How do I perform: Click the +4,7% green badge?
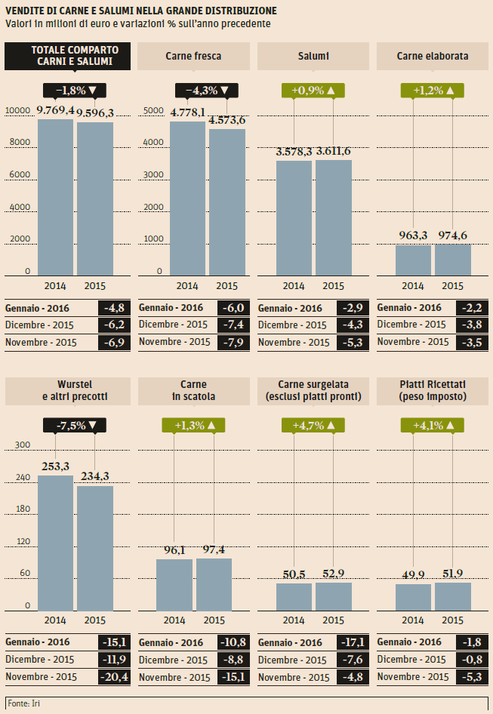(312, 426)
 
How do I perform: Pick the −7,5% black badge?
(74, 426)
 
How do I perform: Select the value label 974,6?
(452, 234)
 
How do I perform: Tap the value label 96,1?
(174, 550)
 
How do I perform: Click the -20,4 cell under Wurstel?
(112, 676)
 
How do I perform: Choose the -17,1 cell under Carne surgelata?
(352, 642)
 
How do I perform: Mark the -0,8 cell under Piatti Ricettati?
(471, 659)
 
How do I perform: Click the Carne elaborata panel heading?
(433, 56)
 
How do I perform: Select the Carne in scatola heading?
(193, 390)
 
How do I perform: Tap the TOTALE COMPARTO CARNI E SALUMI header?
(66, 56)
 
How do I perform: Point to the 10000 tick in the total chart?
(17, 111)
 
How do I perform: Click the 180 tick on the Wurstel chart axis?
(23, 508)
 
